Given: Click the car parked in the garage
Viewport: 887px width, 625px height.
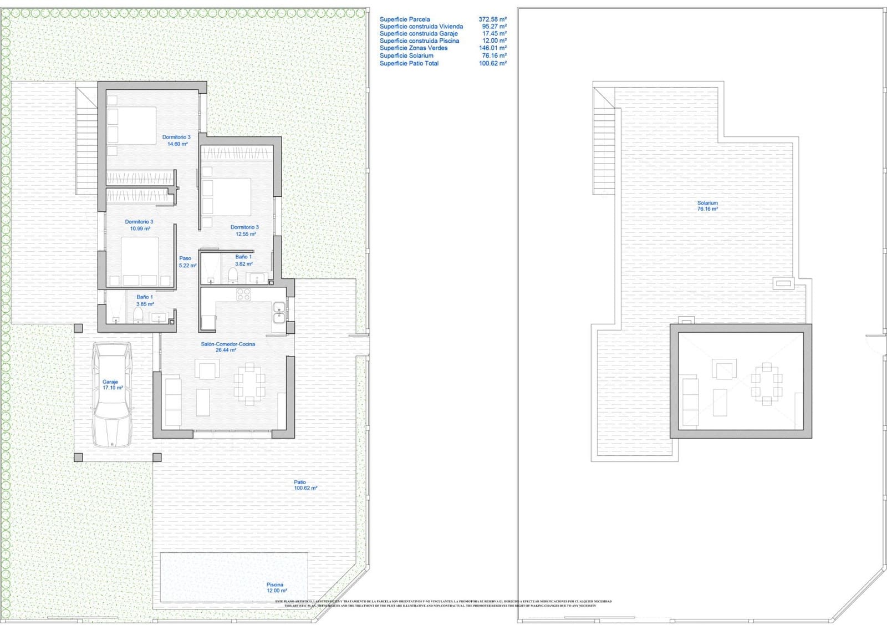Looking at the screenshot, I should coord(113,395).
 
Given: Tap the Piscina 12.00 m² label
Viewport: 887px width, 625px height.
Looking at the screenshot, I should coord(276,588).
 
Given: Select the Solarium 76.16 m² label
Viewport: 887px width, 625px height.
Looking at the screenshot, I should coord(707,206).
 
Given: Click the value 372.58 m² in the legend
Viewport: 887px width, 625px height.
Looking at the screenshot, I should coord(492,19).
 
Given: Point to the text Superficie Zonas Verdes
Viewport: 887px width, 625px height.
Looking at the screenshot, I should coord(413,48).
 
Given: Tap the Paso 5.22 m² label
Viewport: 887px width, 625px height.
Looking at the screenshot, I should coord(186,262).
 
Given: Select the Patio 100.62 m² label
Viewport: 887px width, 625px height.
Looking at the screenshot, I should coord(304,485).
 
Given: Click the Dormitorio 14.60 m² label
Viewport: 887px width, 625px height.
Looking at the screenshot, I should coord(176,140).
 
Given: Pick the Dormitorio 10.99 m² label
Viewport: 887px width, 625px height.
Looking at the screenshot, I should coord(139,225).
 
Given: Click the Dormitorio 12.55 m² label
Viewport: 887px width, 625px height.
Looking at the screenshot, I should coord(244,231).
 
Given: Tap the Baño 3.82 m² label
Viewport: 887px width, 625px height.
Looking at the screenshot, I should coord(243,260).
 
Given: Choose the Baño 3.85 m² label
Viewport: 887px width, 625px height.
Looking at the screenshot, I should coord(145,301).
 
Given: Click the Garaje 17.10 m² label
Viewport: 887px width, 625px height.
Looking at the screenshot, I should coord(112,385).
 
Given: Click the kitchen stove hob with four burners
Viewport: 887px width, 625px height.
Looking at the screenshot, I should coord(243,294).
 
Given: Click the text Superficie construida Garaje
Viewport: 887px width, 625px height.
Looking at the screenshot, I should coord(418,34).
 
